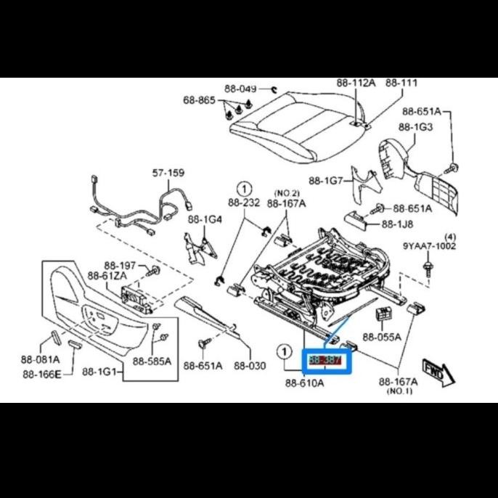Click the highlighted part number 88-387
[326, 359]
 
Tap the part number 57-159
[168, 174]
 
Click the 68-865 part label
[199, 101]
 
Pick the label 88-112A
[356, 83]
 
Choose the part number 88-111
[401, 83]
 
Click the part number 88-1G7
[326, 181]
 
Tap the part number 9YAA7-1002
[430, 246]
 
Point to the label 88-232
[244, 203]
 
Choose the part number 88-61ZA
[107, 276]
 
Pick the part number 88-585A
[152, 361]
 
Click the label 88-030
[250, 365]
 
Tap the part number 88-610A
[304, 383]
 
